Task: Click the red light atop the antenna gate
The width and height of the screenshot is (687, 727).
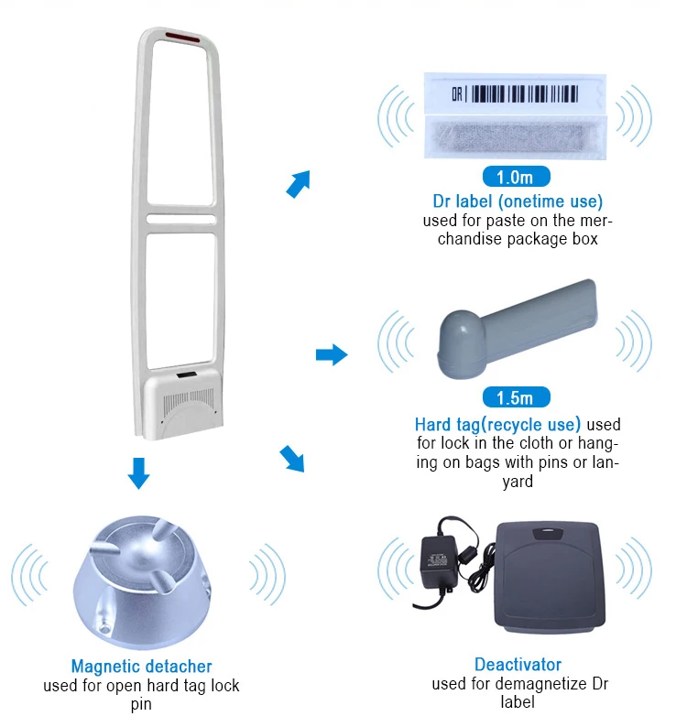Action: (181, 38)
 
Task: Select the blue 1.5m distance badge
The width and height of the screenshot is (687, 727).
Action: (515, 397)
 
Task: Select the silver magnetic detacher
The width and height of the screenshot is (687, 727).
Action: (142, 578)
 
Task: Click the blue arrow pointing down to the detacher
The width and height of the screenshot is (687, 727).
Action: (138, 472)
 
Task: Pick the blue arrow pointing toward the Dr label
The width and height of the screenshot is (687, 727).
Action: (299, 183)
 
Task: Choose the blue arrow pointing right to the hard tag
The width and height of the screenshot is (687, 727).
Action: (332, 354)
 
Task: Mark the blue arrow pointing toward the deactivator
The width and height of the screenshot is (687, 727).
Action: (292, 458)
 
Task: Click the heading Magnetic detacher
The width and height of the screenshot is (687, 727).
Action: (141, 667)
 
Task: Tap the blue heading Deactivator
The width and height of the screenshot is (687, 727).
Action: (518, 665)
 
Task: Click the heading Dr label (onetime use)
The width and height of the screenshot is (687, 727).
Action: (518, 201)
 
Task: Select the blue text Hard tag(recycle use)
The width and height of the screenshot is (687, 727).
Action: (497, 425)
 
